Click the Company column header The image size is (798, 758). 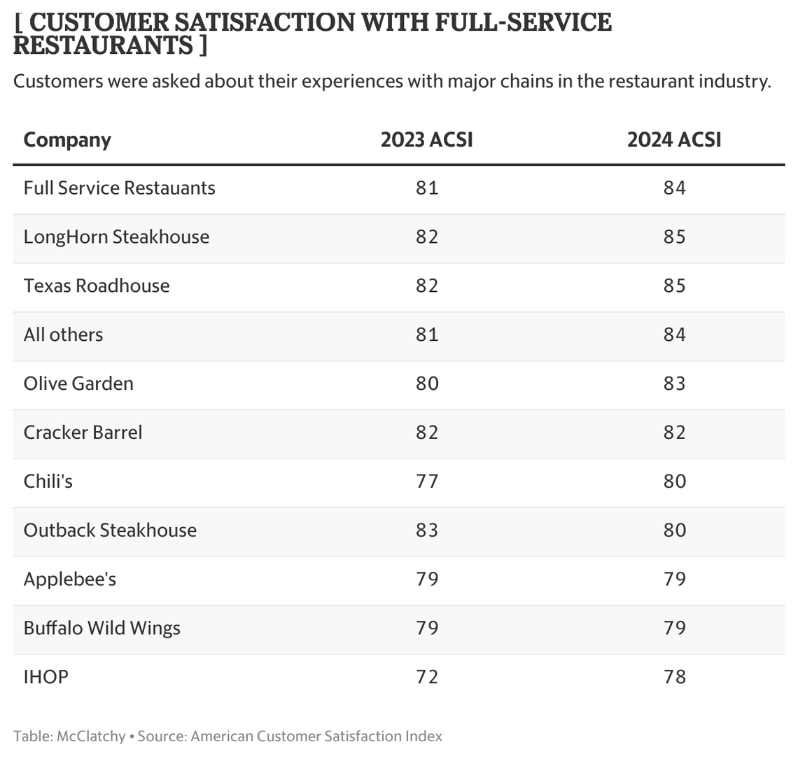pyautogui.click(x=67, y=140)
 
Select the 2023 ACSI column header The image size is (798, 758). pyautogui.click(x=426, y=140)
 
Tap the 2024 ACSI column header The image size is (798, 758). pyautogui.click(x=674, y=140)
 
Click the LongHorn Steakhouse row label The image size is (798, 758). pyautogui.click(x=116, y=237)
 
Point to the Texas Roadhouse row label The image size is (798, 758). pyautogui.click(x=97, y=286)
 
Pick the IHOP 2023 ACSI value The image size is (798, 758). pyautogui.click(x=426, y=677)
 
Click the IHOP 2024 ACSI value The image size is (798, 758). pyautogui.click(x=674, y=677)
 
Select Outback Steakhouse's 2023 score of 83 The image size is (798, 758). pyautogui.click(x=426, y=530)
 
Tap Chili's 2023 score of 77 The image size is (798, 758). pyautogui.click(x=426, y=481)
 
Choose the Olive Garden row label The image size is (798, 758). pyautogui.click(x=78, y=384)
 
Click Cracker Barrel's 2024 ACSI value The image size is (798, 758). pyautogui.click(x=674, y=432)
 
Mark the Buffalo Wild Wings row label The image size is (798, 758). pyautogui.click(x=102, y=628)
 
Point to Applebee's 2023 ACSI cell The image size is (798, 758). pyautogui.click(x=426, y=579)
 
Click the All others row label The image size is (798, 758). pyautogui.click(x=63, y=335)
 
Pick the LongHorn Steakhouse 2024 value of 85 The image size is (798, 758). pyautogui.click(x=674, y=237)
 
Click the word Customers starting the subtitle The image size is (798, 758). pyautogui.click(x=57, y=81)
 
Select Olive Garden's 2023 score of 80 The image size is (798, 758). pyautogui.click(x=426, y=384)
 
